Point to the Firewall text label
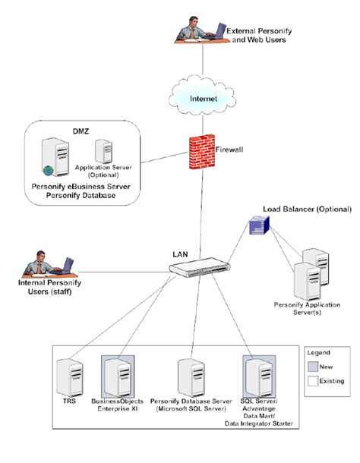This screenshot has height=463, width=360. (229, 151)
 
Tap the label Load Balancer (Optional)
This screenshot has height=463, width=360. (307, 209)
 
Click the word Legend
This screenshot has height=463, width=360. (321, 353)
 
